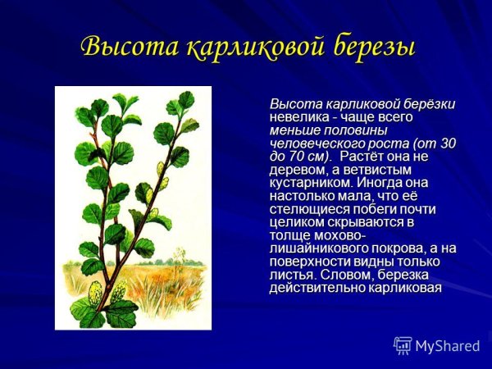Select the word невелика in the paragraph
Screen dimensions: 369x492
click(299, 118)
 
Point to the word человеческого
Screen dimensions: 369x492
click(315, 143)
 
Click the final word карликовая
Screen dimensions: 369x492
click(405, 288)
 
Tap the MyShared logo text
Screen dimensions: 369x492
click(447, 346)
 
